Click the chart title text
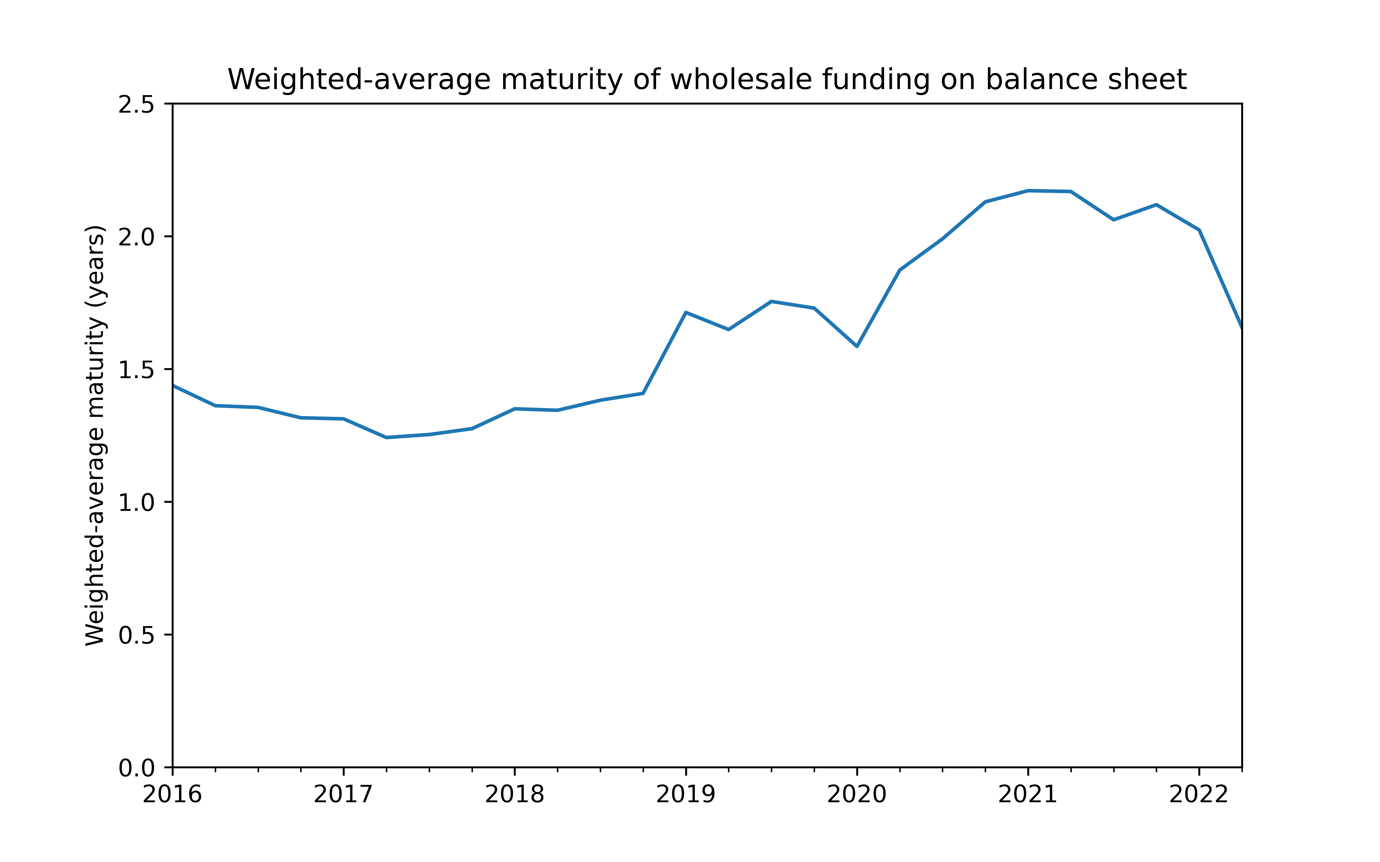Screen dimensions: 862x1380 pos(707,80)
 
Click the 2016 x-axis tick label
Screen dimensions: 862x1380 pos(172,794)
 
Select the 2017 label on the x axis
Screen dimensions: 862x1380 pos(343,794)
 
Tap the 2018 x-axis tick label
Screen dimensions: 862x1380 pos(514,794)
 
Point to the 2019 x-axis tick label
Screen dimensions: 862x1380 pos(685,794)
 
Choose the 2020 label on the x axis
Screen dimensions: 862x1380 pos(856,794)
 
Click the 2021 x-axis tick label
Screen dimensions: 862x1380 pos(1028,794)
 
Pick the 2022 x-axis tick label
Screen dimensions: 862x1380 pos(1199,794)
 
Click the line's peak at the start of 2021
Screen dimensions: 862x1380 pos(1028,191)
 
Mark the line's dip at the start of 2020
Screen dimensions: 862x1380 pos(856,346)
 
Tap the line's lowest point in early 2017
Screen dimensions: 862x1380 pos(387,437)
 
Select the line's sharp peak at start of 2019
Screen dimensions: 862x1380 pos(685,312)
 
